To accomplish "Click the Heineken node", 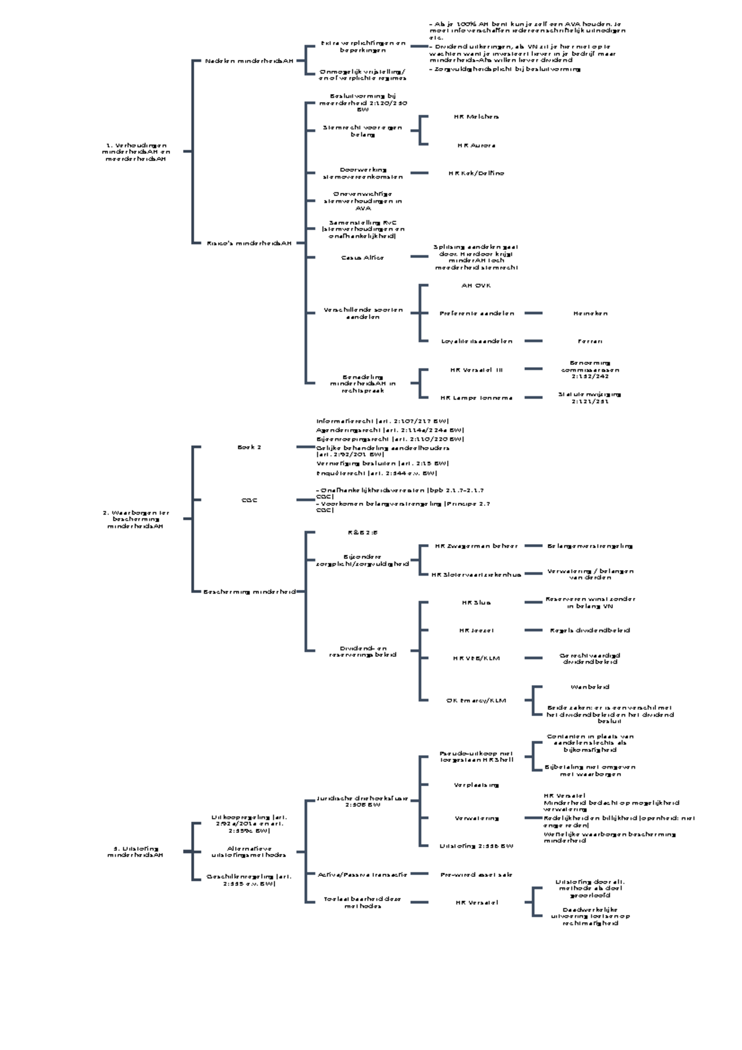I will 590,314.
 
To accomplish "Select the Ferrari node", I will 590,341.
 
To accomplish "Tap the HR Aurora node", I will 476,146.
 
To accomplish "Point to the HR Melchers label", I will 476,117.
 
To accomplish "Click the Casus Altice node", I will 362,258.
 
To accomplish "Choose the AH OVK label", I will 476,286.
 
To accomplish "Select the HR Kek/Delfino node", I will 476,174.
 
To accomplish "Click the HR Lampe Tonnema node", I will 476,398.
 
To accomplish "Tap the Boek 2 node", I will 249,447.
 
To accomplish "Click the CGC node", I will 249,500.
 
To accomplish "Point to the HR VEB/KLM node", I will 476,659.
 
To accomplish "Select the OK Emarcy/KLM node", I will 476,701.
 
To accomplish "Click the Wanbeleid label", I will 590,687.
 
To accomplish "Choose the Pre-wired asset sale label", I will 476,875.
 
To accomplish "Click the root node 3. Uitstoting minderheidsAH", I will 135,852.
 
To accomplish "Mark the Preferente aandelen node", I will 476,314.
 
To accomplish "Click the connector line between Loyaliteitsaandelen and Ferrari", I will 533,341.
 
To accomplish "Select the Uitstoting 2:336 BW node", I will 476,846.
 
